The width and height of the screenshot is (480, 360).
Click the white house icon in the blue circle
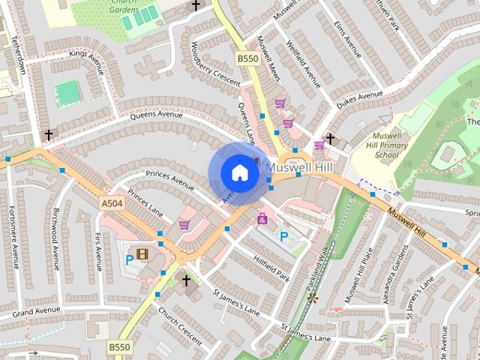click(x=239, y=172)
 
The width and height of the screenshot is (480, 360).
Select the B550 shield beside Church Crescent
click(x=118, y=347)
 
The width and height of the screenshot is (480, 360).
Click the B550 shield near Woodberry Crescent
click(x=247, y=58)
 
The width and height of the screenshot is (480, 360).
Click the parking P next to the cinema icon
click(x=130, y=259)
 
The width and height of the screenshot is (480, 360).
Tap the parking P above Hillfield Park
click(x=283, y=236)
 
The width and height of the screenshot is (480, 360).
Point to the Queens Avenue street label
click(x=157, y=116)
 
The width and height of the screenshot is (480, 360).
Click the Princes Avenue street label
click(x=169, y=178)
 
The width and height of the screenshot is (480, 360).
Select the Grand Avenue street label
click(x=35, y=310)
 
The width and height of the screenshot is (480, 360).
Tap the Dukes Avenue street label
click(x=359, y=97)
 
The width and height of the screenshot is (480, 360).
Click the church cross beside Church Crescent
click(x=186, y=280)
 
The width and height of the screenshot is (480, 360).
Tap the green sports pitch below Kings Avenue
click(x=67, y=92)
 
